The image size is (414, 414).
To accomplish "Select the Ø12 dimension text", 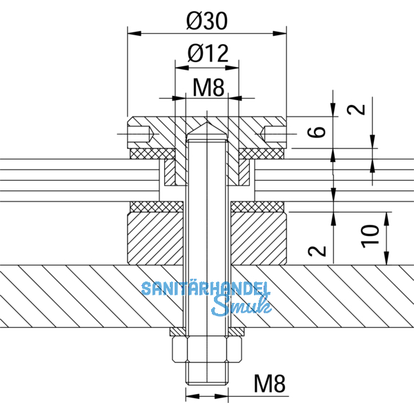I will pos(207,54).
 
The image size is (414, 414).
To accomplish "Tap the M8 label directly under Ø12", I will pos(207,87).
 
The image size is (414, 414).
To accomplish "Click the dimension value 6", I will pos(316,132).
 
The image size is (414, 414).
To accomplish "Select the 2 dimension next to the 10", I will pos(316,250).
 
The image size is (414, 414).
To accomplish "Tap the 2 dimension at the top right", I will pos(353,109).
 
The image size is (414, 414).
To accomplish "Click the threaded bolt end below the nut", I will pos(206,377).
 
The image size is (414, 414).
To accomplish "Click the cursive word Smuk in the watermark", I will pos(237,304).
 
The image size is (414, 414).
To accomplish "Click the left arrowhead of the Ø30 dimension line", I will pos(132,32).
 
